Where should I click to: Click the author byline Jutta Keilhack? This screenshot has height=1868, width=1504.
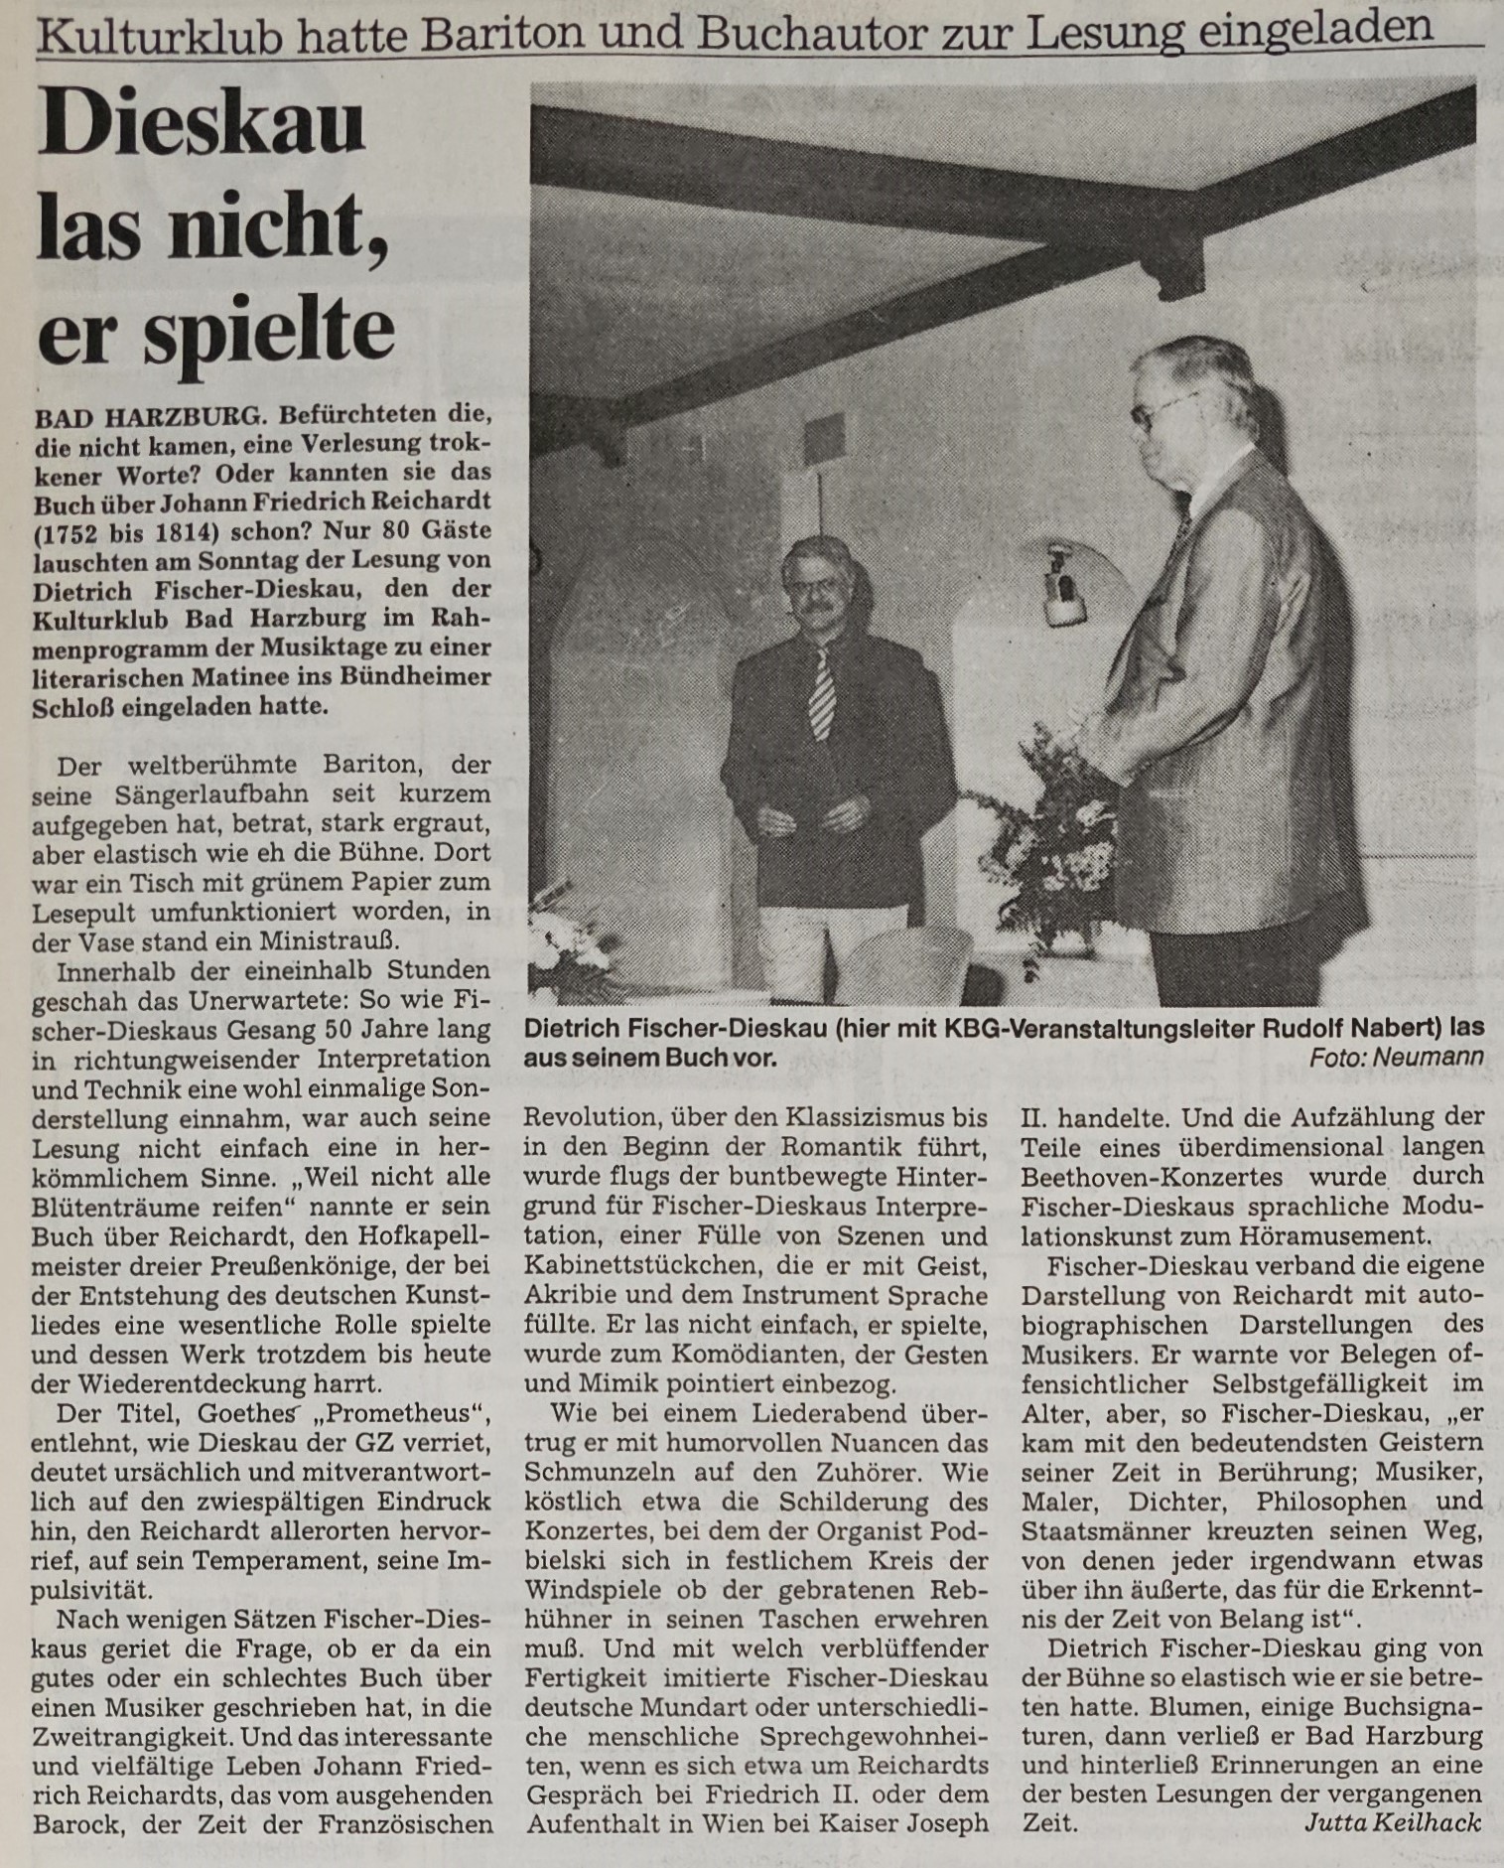pyautogui.click(x=1392, y=1823)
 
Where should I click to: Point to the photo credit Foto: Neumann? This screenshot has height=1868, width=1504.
pyautogui.click(x=1396, y=1059)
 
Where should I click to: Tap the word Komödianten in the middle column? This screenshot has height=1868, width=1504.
pyautogui.click(x=766, y=1355)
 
